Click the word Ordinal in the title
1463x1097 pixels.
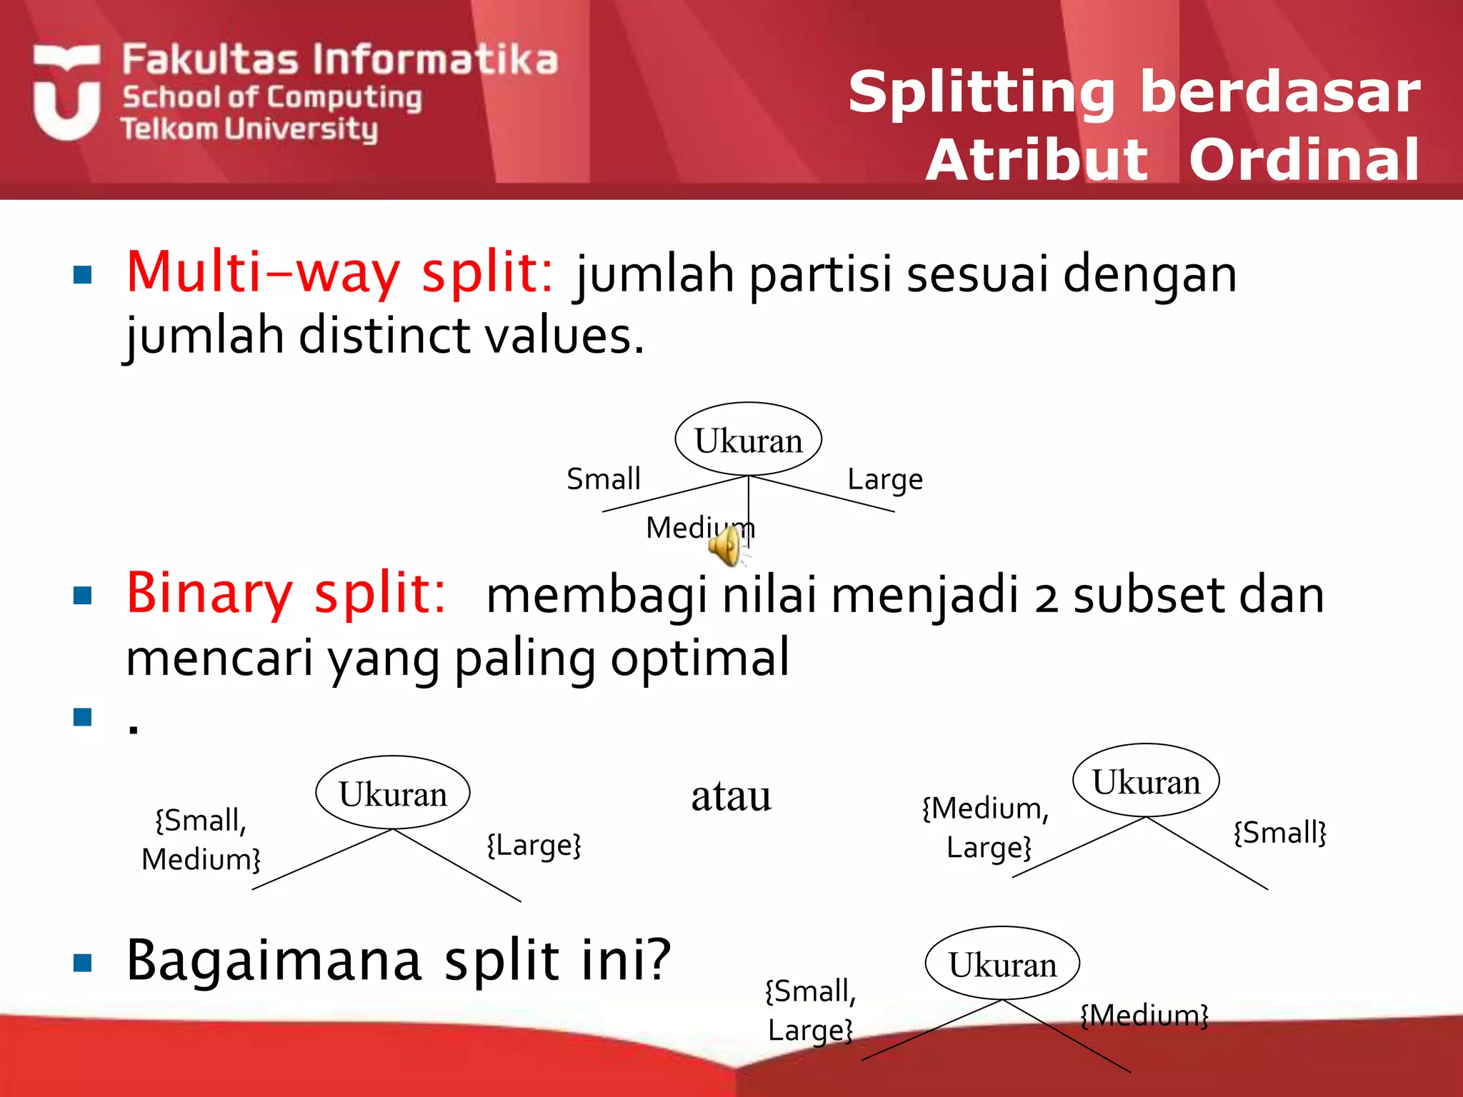pos(1304,161)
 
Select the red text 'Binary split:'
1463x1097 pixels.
pos(286,594)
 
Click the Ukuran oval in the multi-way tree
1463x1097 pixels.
pos(748,440)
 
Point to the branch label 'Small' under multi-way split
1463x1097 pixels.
pos(604,479)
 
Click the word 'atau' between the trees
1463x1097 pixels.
pos(731,796)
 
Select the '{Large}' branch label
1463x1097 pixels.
pos(534,845)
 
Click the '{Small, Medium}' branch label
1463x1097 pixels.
pos(201,840)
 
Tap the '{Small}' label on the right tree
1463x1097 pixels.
pos(1279,833)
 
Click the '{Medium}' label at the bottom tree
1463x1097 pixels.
pos(1144,1015)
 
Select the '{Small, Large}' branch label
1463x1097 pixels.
pos(810,1011)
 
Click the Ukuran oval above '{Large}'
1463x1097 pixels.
pos(393,793)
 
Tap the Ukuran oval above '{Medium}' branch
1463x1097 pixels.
pos(1002,964)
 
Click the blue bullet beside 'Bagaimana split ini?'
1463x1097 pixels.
pos(83,963)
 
